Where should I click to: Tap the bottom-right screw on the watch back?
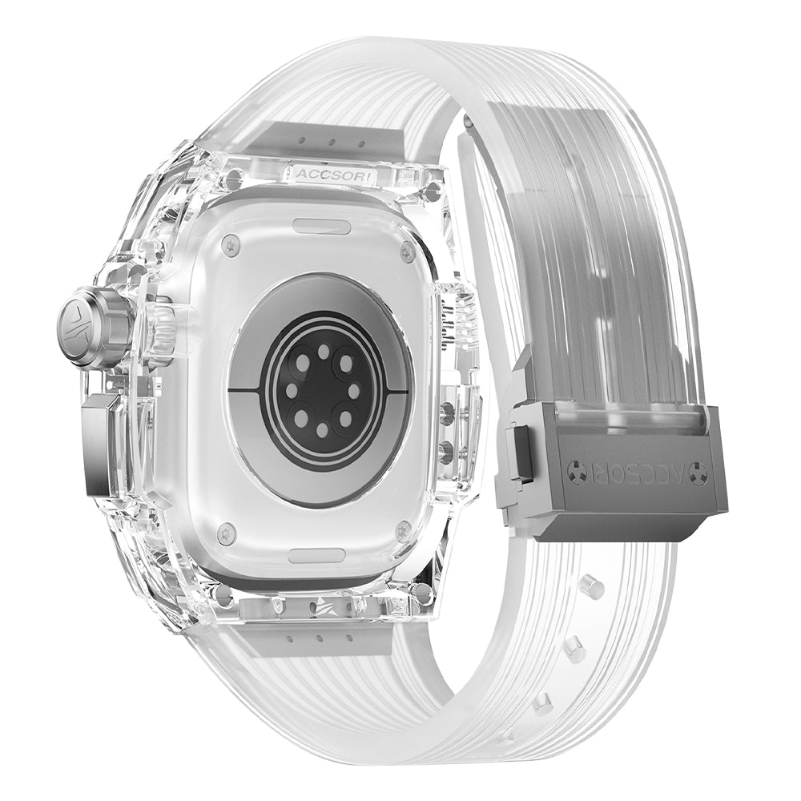coord(403,529)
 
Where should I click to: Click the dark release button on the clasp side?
coord(519,453)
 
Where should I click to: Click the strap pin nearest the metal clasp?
coord(594,587)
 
